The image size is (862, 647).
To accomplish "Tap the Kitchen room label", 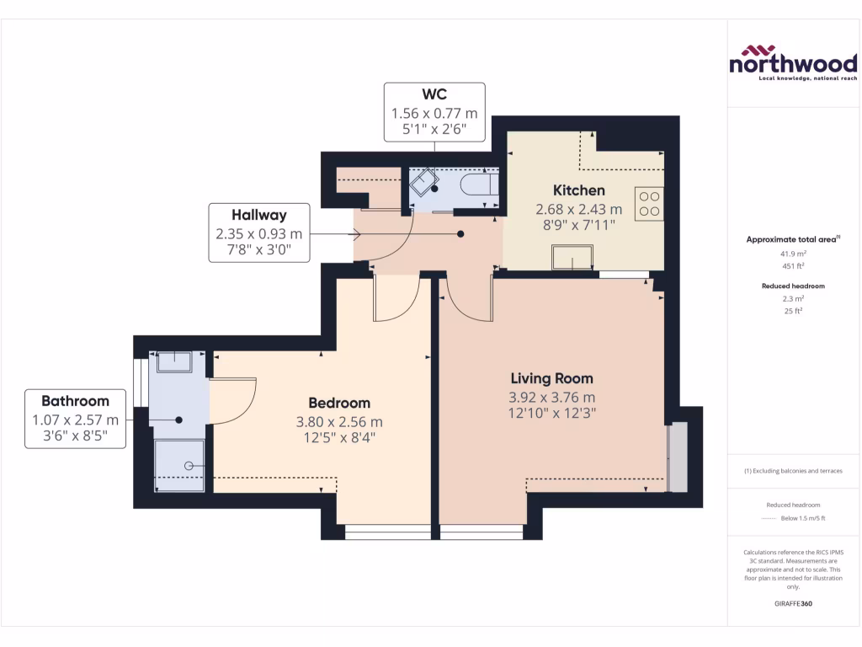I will [578, 190].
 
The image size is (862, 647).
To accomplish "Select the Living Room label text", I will [551, 378].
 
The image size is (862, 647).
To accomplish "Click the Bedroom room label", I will [338, 403].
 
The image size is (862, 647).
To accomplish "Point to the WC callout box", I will [434, 112].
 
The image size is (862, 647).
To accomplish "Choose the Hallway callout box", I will [259, 233].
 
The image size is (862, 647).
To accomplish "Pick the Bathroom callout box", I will [76, 419].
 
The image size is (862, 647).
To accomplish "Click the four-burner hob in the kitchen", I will [649, 203].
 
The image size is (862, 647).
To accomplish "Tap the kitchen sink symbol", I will [572, 257].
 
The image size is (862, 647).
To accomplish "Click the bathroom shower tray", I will [179, 465].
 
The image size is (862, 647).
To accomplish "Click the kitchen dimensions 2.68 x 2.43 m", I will [578, 209].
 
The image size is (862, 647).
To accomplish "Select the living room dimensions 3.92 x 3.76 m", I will [551, 398].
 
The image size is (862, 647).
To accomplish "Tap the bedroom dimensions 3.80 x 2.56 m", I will [338, 422].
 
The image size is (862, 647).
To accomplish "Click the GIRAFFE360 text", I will [795, 604].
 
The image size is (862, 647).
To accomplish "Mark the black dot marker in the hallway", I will [460, 235].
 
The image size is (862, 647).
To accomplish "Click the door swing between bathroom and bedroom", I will [234, 401].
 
